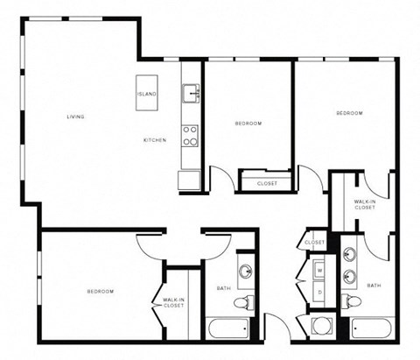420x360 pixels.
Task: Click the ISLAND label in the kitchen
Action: [x=146, y=94]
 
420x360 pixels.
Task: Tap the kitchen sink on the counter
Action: [x=190, y=92]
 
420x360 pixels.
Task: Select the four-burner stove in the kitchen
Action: [x=189, y=135]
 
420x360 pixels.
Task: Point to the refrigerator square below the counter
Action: [x=189, y=180]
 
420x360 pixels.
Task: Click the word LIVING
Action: [x=75, y=116]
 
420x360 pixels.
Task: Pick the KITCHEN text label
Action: [x=156, y=140]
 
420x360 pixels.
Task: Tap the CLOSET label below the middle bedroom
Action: [x=267, y=183]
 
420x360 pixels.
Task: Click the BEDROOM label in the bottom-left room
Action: [x=100, y=291]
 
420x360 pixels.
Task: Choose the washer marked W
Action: [x=319, y=271]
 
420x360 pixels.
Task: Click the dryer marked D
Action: [x=319, y=291]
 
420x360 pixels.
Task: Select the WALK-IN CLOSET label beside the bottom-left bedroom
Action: [x=173, y=303]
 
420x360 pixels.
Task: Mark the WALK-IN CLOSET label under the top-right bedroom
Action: [x=365, y=205]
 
